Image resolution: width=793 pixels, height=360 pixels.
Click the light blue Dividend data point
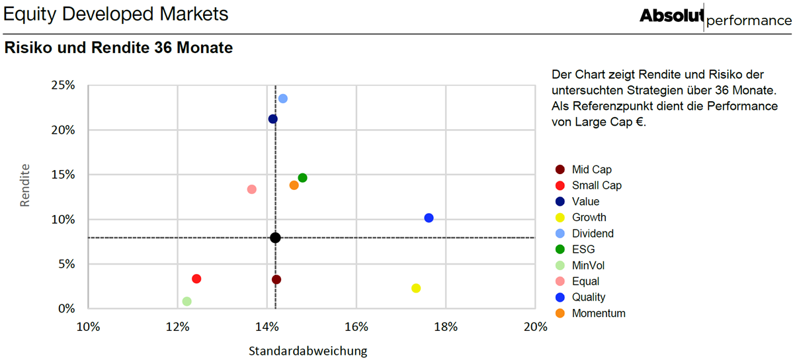282,98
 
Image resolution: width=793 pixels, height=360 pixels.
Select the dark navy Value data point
273,119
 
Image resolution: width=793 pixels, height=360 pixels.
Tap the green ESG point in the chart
302,178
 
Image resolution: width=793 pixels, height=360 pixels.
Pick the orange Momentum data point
294,185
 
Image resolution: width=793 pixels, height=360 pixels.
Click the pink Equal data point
252,189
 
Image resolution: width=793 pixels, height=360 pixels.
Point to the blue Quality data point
429,218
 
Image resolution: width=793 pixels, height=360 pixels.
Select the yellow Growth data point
416,288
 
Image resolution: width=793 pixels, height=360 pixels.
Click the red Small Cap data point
196,279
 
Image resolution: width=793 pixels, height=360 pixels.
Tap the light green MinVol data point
187,301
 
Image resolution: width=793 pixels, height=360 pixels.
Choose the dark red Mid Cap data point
276,279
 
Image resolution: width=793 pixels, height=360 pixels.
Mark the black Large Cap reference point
275,238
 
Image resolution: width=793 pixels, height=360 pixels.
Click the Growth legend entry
581,218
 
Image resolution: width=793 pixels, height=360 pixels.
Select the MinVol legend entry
579,265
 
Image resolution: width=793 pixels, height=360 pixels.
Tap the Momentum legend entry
590,314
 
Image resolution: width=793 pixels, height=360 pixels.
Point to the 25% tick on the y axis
63,85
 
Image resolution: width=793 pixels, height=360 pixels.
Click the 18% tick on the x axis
446,327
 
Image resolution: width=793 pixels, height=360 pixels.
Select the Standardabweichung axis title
308,350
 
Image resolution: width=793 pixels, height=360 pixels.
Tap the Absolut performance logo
715,17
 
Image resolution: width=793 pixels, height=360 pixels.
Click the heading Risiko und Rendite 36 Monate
118,48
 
